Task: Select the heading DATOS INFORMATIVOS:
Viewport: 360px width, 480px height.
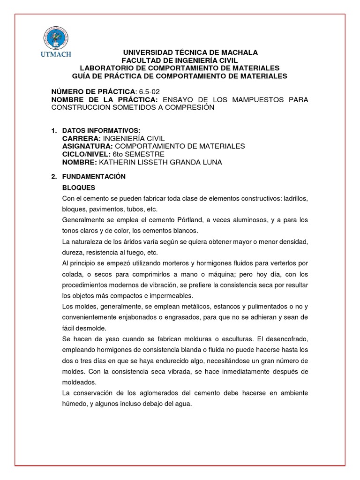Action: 101,130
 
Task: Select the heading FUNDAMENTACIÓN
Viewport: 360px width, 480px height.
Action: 94,177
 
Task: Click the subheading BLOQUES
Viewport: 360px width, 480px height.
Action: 79,187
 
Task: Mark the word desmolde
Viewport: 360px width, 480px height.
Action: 92,328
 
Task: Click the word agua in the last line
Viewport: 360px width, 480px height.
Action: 185,403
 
